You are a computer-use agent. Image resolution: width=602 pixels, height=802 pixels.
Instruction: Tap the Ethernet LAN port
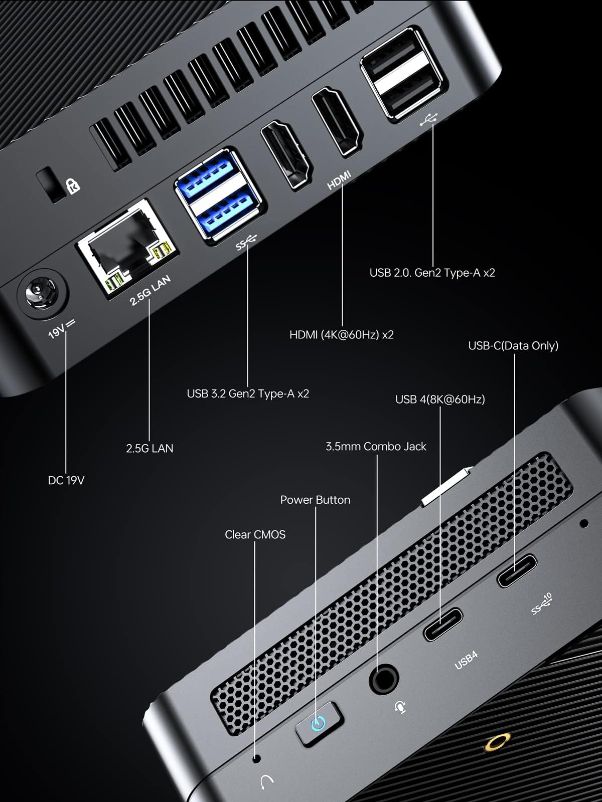[x=123, y=247]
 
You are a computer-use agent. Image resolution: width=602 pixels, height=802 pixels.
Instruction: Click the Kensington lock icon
[x=73, y=185]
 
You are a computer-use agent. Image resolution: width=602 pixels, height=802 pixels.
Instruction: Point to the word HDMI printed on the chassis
[x=339, y=180]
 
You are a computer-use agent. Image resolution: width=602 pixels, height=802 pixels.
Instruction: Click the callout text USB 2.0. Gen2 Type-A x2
[x=432, y=273]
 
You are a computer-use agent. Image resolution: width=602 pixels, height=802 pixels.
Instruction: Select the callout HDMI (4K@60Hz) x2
[x=341, y=334]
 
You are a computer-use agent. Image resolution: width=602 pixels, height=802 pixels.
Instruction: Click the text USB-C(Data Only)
[x=513, y=345]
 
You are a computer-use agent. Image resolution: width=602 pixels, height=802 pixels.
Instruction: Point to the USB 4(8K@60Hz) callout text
[x=440, y=399]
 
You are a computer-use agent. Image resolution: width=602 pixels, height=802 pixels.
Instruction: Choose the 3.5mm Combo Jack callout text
[x=376, y=446]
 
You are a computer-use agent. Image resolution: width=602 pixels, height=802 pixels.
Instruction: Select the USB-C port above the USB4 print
[x=442, y=625]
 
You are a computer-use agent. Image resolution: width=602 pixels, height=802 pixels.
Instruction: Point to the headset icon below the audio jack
[x=400, y=707]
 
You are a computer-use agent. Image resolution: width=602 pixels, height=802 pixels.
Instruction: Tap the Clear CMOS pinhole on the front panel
[x=257, y=758]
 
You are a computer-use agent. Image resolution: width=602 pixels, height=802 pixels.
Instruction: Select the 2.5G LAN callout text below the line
[x=149, y=448]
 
